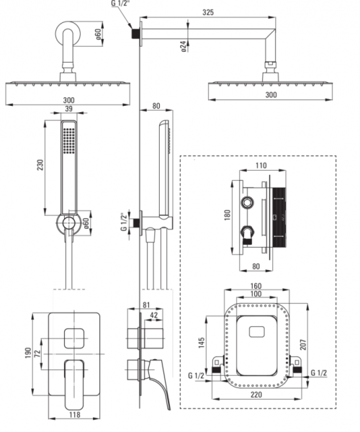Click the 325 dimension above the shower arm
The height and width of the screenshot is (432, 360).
pos(208,12)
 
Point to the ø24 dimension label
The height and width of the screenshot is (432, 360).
pos(184,47)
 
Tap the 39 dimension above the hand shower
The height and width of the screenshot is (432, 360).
pos(68,109)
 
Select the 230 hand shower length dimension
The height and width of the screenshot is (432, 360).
pos(40,165)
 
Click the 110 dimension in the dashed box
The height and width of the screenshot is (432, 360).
pos(261,166)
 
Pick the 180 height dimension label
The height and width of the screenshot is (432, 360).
pos(228,215)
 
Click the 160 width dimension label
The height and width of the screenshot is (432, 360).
pos(256,286)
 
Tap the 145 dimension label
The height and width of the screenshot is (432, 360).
pos(202,343)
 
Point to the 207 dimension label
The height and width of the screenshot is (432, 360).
pos(303,345)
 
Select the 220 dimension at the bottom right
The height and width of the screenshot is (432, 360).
pos(256,395)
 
